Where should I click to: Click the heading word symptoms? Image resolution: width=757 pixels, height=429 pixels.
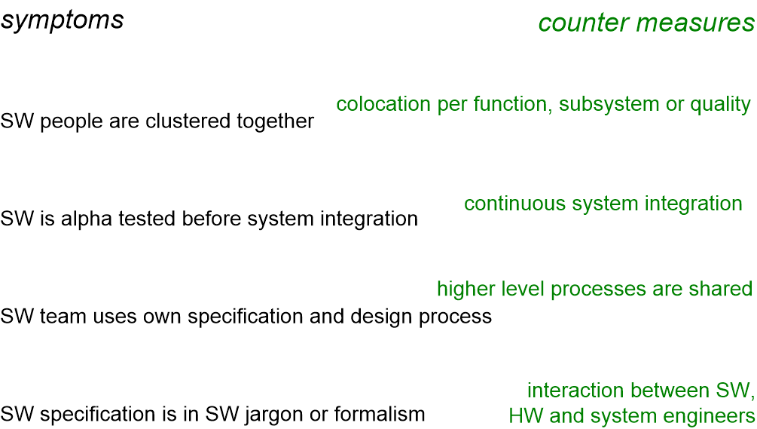[63, 21]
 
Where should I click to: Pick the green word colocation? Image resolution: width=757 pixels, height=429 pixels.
[383, 104]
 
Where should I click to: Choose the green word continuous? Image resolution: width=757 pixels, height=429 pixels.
[514, 204]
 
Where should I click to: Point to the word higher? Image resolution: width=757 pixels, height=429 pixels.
[466, 290]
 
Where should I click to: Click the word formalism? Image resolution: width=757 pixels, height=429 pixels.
[380, 414]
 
